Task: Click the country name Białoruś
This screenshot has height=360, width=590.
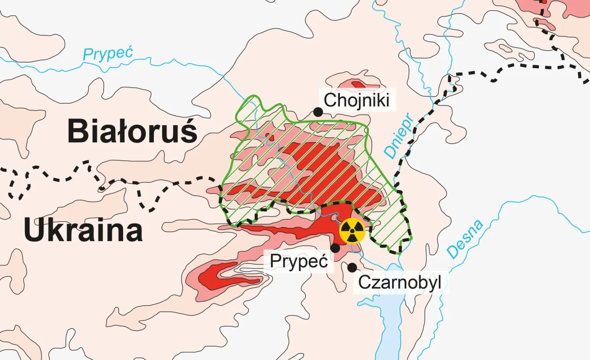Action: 133,131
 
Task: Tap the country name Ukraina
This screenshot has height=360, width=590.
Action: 83,230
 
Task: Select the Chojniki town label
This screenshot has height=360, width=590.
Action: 356,100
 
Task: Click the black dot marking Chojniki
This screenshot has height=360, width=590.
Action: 317,112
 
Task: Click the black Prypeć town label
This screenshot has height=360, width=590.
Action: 299,260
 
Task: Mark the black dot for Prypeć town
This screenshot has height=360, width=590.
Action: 336,248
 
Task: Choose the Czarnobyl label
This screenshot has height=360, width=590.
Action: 400,282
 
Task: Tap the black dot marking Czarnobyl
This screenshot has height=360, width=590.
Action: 353,267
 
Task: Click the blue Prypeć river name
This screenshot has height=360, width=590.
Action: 107,53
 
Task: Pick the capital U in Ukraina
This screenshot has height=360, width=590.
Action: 34,230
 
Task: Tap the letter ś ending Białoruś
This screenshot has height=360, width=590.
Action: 189,131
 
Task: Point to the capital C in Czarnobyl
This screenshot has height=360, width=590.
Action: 364,282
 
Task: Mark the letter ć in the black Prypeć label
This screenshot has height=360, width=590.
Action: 322,260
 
